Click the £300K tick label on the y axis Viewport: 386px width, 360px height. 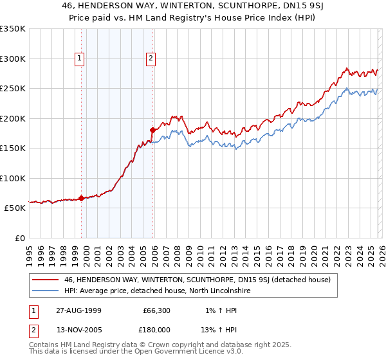13,59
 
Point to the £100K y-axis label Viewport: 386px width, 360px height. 13,178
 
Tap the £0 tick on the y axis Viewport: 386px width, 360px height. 19,238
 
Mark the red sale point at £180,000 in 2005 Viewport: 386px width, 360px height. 153,130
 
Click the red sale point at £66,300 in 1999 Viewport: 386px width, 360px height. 82,198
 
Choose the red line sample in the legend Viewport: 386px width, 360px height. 46,280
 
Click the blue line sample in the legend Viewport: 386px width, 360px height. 46,291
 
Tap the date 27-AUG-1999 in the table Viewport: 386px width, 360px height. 74,310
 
